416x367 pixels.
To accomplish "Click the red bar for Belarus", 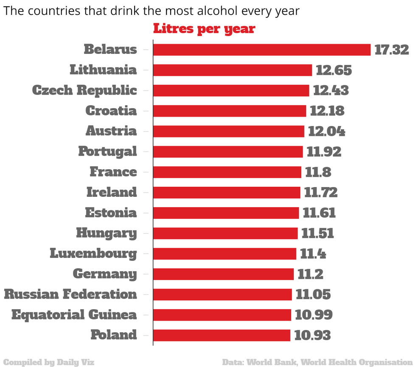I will (261, 50).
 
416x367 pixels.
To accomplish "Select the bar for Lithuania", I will (232, 70).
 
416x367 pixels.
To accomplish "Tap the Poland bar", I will (222, 335).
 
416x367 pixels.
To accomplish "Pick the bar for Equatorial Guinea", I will (222, 315).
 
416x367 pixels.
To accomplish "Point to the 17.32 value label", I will (391, 50).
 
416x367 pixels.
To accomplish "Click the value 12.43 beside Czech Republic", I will (331, 90).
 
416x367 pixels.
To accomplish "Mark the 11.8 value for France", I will (318, 172).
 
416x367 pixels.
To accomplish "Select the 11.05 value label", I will (313, 294).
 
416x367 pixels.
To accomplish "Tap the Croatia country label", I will (111, 111).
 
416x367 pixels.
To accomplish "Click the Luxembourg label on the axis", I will (93, 254).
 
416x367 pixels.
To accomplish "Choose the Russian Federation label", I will (70, 294).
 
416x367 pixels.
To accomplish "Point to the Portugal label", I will (107, 151).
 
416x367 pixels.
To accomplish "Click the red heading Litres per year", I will (204, 29).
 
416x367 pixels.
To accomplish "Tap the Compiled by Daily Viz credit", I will (49, 362).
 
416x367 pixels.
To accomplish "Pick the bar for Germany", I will (223, 274).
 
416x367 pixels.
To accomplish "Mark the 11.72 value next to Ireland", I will (321, 192).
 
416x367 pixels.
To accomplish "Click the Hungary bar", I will (225, 233).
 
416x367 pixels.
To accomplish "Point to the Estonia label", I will (111, 213).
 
